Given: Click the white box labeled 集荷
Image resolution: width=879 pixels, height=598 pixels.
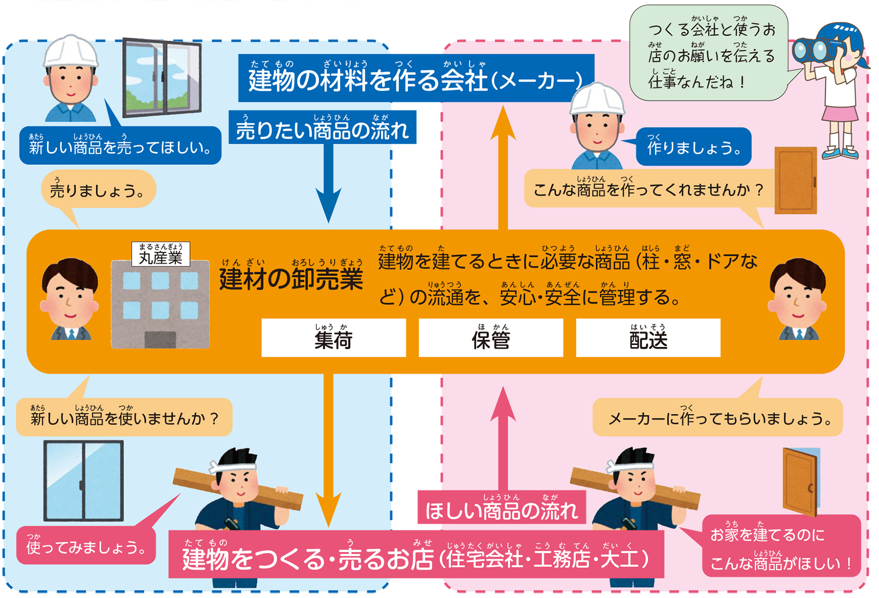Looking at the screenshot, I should pyautogui.click(x=334, y=338).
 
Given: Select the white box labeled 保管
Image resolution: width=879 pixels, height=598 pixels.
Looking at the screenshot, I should pyautogui.click(x=491, y=338).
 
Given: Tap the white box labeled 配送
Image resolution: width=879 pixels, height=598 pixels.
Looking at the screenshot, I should pyautogui.click(x=648, y=338).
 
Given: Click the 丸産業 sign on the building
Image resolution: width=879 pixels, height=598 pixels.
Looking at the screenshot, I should pyautogui.click(x=161, y=254).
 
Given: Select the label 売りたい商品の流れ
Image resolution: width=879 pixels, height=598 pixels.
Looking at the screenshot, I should pyautogui.click(x=322, y=128).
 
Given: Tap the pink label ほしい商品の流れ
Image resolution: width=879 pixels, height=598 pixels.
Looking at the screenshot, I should pyautogui.click(x=502, y=508).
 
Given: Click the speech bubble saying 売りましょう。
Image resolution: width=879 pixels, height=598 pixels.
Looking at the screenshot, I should pyautogui.click(x=98, y=190).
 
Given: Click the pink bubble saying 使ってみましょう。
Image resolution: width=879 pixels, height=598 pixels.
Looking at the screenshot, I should pyautogui.click(x=86, y=546).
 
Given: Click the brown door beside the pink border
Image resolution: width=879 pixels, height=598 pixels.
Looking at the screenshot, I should pyautogui.click(x=795, y=180).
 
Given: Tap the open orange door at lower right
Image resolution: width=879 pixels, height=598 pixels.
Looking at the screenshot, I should pyautogui.click(x=800, y=481).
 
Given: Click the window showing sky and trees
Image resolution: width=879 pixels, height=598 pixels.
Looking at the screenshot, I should pyautogui.click(x=162, y=78).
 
